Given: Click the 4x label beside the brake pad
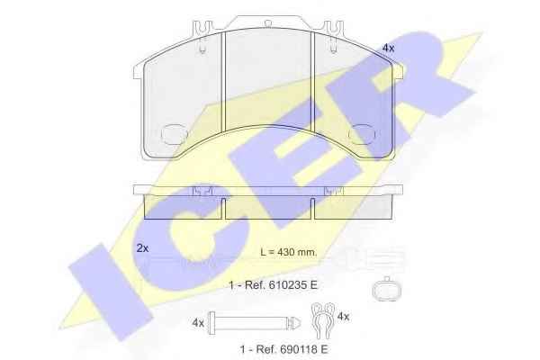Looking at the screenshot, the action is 388,49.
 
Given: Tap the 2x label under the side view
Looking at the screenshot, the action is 142,248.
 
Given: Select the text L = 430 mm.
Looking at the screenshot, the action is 288,252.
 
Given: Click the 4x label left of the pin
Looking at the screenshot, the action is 198,323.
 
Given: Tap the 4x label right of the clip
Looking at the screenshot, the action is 344,316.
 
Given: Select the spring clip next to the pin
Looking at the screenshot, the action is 323,320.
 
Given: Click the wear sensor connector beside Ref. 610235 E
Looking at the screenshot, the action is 387,289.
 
